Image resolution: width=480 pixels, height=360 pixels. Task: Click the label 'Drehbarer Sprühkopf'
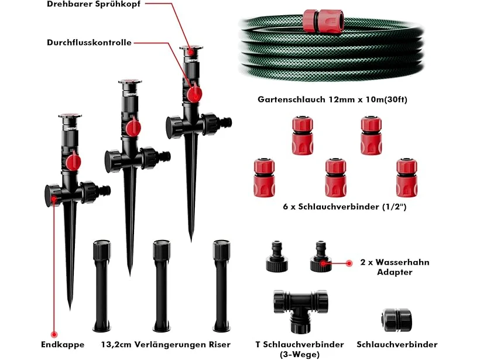[x=94, y=4]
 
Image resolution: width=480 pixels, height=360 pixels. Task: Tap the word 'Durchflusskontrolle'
[x=89, y=42]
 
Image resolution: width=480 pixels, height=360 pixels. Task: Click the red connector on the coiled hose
[x=323, y=20]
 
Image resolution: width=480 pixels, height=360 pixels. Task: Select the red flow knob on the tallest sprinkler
[x=194, y=94]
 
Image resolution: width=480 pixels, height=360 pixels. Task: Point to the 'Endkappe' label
[x=63, y=344]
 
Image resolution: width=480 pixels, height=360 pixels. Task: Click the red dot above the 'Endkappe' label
[x=54, y=334]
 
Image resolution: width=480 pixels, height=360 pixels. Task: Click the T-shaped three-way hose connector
[x=301, y=311]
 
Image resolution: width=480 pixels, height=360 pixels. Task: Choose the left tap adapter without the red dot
[x=277, y=256]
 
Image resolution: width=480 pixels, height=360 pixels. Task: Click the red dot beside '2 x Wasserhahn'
[x=348, y=263]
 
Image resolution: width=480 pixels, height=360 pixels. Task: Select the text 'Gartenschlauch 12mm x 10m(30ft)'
[x=332, y=100]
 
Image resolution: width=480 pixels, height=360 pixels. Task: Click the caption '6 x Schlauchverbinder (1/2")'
[x=344, y=207]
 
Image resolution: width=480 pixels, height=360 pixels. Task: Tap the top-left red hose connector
[x=303, y=135]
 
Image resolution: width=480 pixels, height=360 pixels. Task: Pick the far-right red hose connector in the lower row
[x=407, y=177]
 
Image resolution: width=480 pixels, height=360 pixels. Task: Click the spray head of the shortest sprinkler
[x=70, y=116]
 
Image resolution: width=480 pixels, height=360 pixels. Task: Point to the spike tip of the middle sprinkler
[x=130, y=275]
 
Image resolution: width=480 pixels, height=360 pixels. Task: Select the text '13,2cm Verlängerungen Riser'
[x=166, y=344]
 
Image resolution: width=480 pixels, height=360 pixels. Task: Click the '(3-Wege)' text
[x=300, y=355]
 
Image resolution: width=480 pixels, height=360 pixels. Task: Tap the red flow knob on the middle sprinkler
[x=133, y=128]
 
